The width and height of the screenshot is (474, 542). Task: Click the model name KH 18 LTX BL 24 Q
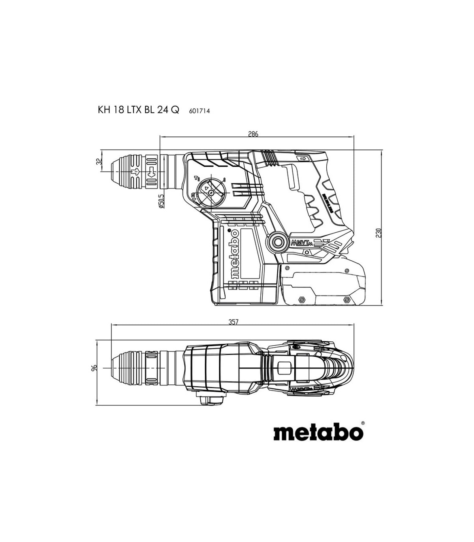(138, 110)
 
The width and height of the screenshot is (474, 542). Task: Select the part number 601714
(199, 111)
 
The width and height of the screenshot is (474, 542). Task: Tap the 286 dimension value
(253, 134)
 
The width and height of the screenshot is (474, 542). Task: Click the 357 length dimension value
(233, 322)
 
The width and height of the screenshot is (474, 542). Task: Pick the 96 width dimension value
(94, 368)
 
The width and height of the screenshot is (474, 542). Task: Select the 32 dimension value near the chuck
(99, 162)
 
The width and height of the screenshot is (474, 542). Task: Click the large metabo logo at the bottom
(318, 432)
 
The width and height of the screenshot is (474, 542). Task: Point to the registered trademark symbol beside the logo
(363, 423)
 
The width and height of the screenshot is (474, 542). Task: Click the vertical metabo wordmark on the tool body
(234, 253)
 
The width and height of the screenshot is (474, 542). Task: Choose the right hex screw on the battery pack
(347, 299)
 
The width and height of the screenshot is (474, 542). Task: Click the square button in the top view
(284, 368)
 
